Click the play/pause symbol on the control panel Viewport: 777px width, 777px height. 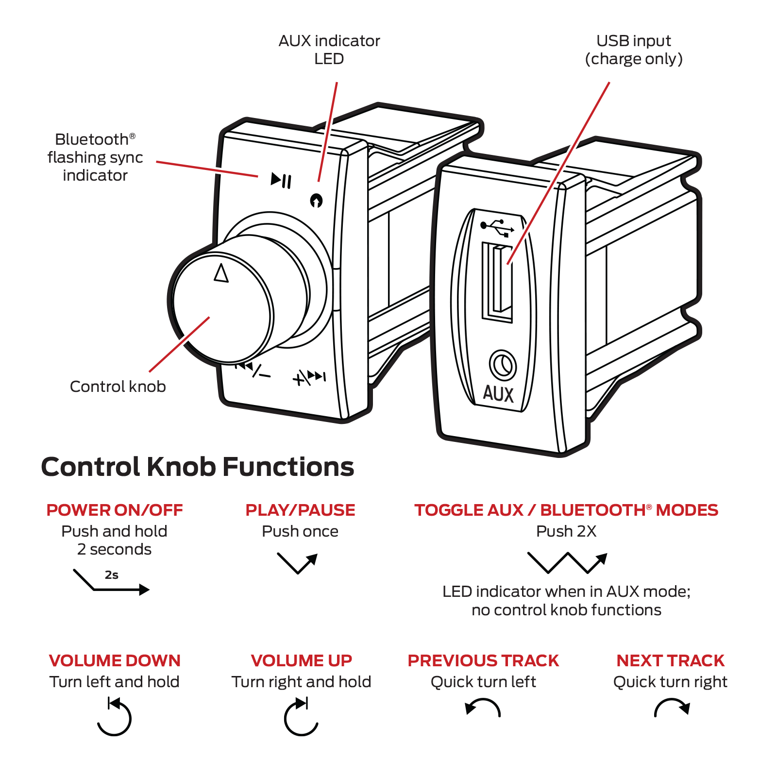(281, 181)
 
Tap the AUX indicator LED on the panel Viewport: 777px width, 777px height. (316, 200)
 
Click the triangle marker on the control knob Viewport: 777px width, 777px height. (221, 273)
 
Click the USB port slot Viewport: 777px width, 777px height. (498, 281)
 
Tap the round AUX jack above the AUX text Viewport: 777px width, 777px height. (503, 365)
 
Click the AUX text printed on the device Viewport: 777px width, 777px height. (498, 394)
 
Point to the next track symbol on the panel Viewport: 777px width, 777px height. (310, 376)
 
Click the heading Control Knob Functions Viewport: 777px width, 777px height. (197, 467)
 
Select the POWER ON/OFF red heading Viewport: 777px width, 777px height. (115, 510)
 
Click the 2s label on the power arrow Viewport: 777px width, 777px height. (112, 575)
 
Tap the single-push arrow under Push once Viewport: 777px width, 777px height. (298, 563)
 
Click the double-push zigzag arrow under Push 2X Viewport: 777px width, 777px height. (567, 562)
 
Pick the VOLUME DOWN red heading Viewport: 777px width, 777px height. (115, 660)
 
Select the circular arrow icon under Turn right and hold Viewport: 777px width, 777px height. (301, 717)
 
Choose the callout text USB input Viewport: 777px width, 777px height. (634, 41)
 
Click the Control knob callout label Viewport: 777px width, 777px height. (118, 387)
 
